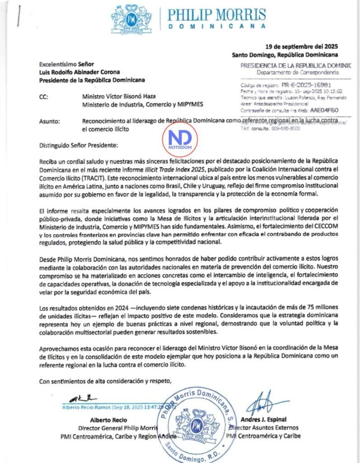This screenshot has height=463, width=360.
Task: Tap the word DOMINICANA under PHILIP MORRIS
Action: pyautogui.click(x=216, y=26)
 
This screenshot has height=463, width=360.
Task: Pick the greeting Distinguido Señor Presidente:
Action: pyautogui.click(x=78, y=146)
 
